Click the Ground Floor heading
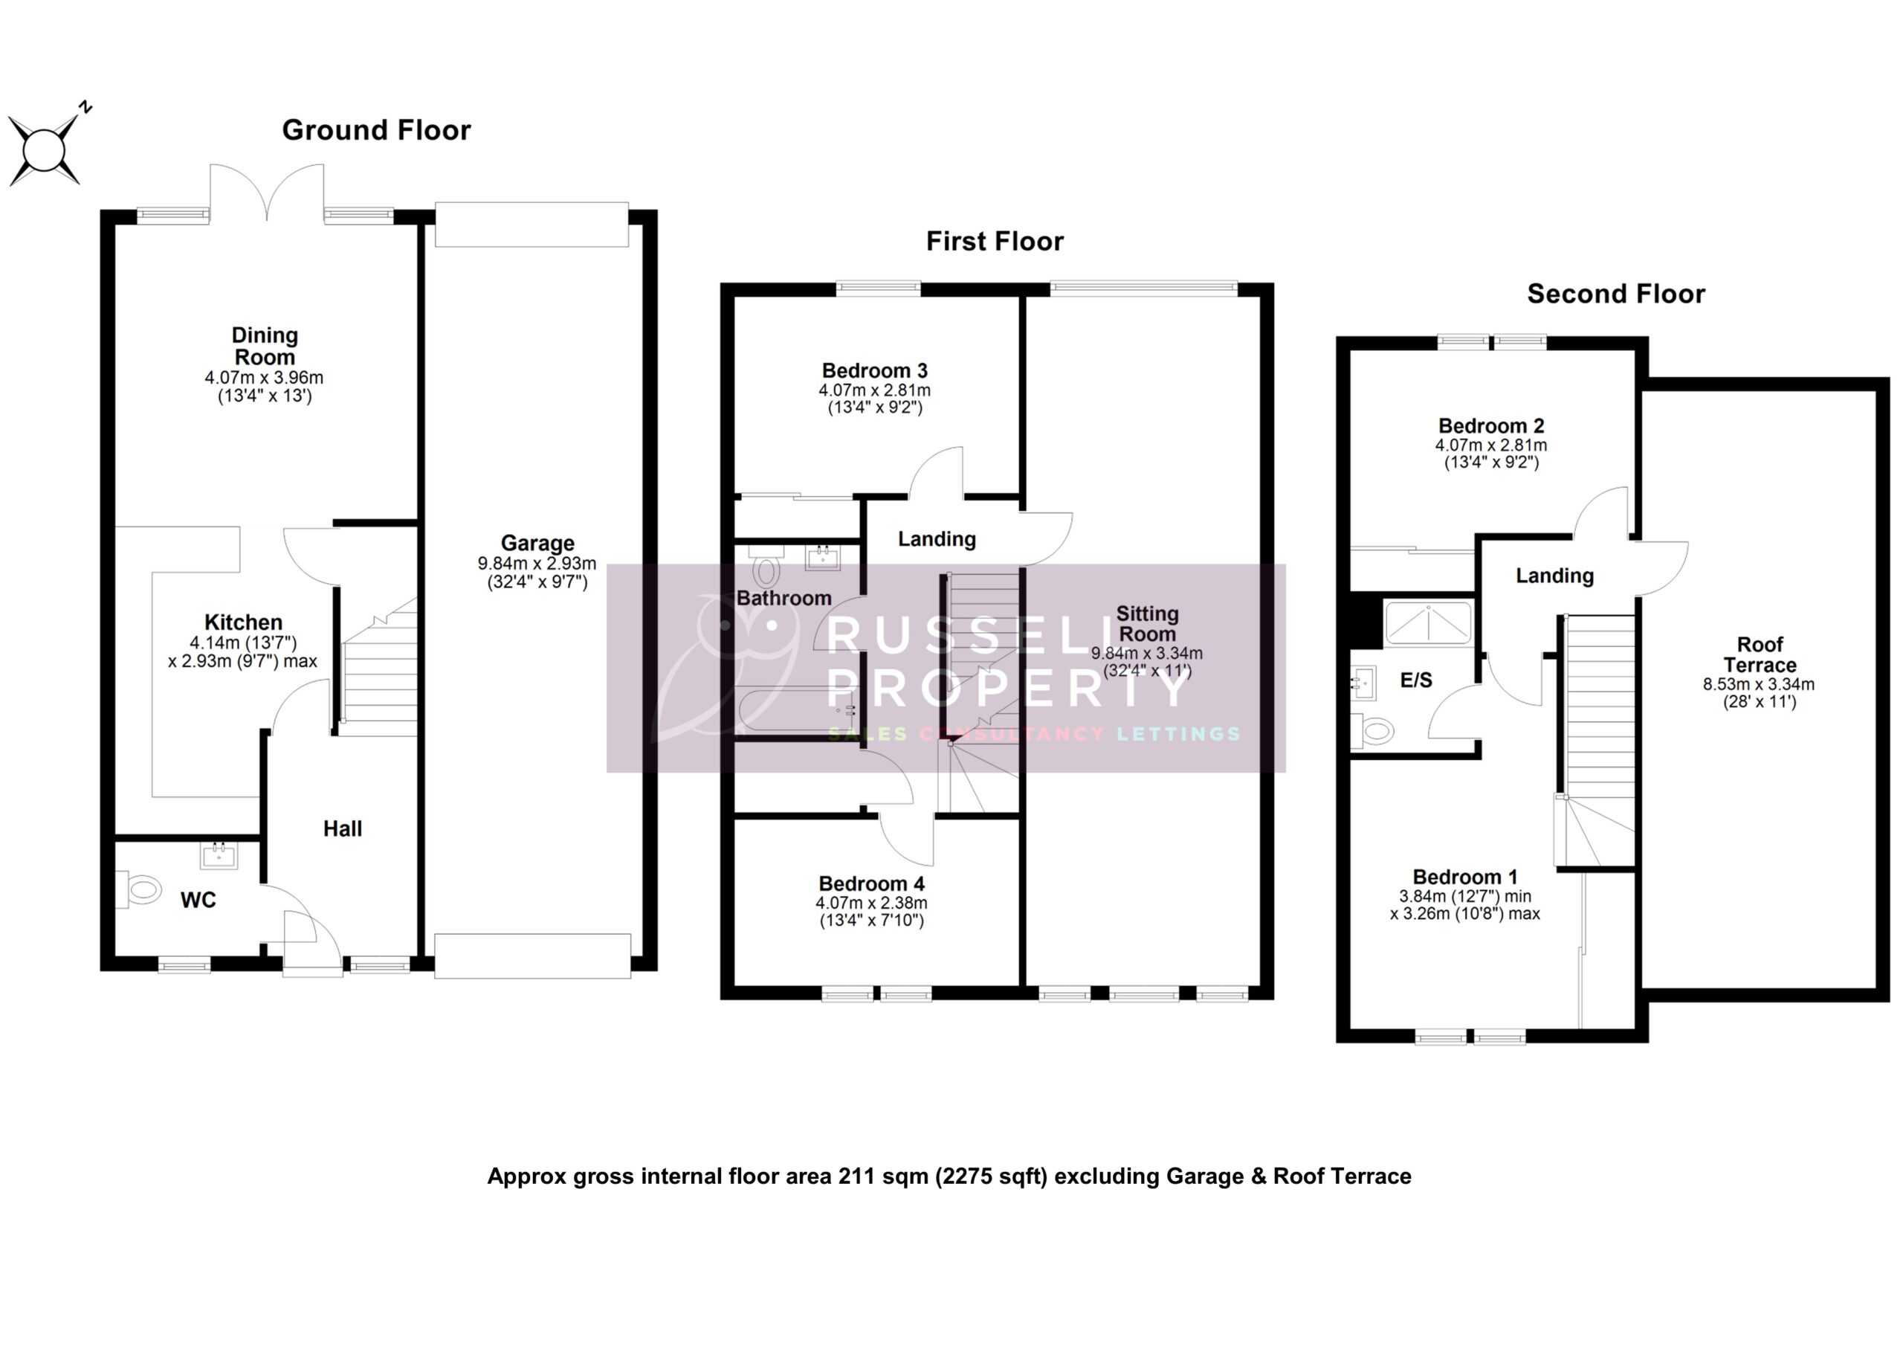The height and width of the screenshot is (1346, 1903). tap(376, 130)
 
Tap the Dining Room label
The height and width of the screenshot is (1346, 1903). tap(265, 346)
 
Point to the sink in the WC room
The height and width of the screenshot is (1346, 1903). tap(219, 855)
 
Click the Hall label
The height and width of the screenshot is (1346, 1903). tap(342, 828)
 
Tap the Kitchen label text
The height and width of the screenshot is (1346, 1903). tap(243, 622)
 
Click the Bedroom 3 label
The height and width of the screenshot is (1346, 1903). tap(874, 371)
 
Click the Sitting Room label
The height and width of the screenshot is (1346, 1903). tap(1147, 624)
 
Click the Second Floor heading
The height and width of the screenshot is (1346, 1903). tap(1615, 294)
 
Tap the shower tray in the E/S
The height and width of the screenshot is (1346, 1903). tap(1428, 622)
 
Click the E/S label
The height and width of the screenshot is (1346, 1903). tap(1415, 680)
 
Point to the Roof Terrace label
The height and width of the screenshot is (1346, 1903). tap(1759, 654)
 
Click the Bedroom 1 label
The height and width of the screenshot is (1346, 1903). tap(1464, 877)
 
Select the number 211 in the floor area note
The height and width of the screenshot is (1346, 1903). tap(856, 1176)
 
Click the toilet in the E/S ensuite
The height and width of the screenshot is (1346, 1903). tap(1375, 731)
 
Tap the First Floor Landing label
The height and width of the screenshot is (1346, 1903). tap(937, 539)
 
